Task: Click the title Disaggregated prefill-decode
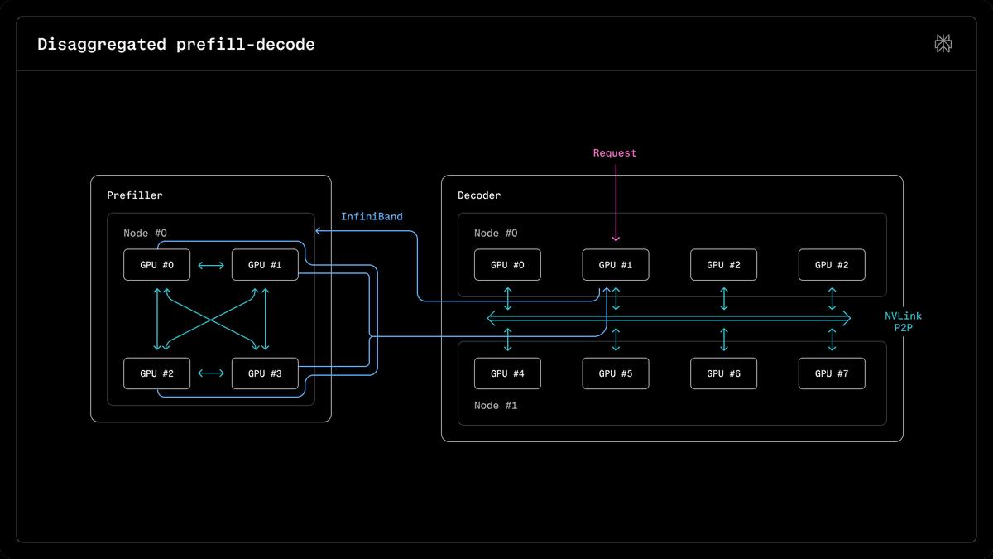(176, 45)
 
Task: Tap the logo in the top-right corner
(943, 43)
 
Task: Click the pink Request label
(615, 153)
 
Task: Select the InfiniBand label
(372, 216)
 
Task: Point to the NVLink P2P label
(903, 321)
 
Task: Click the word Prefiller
(135, 195)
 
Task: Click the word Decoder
(479, 195)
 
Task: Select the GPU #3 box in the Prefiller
(265, 373)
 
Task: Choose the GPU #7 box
(832, 373)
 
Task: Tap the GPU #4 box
(507, 373)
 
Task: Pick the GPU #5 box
(616, 373)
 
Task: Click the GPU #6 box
(723, 373)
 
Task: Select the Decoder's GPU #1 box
(616, 265)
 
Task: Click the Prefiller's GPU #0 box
(157, 265)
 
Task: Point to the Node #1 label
(496, 406)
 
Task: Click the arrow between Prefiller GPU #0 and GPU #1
(211, 265)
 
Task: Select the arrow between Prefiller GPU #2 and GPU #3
(211, 373)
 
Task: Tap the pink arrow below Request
(616, 203)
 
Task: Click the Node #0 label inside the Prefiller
(145, 234)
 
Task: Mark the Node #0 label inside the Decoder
(496, 234)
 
